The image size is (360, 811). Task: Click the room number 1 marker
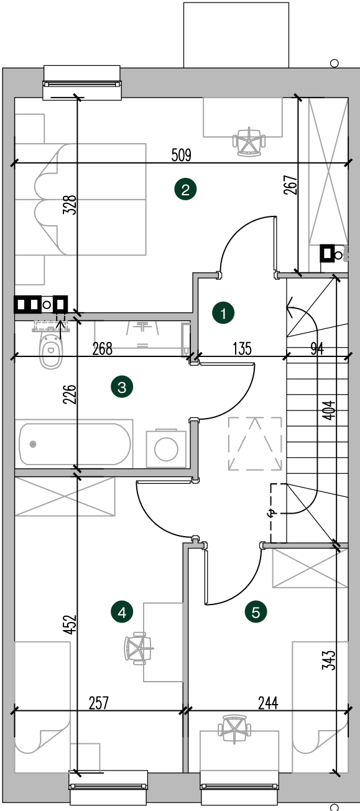(x=223, y=313)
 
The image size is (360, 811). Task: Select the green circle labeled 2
(x=185, y=189)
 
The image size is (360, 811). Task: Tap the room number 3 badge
(x=122, y=387)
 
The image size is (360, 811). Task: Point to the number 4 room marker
(x=122, y=612)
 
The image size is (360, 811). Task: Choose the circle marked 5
(x=256, y=612)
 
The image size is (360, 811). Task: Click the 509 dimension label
(x=182, y=155)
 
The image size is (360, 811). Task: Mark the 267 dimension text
(x=291, y=185)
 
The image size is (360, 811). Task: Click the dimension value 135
(x=242, y=349)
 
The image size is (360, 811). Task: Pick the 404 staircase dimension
(x=330, y=410)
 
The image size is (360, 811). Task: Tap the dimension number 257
(x=99, y=703)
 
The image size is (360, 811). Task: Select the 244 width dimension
(x=268, y=703)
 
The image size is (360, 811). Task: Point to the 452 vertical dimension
(x=70, y=624)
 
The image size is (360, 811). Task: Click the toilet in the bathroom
(x=50, y=347)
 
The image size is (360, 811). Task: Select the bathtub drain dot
(x=34, y=444)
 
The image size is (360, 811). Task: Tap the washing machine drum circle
(x=166, y=449)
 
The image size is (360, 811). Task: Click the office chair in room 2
(x=249, y=142)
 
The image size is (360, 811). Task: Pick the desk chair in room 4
(x=139, y=648)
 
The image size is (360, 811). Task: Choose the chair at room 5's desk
(x=234, y=729)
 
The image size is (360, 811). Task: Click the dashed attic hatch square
(x=255, y=444)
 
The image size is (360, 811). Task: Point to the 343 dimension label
(x=330, y=660)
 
